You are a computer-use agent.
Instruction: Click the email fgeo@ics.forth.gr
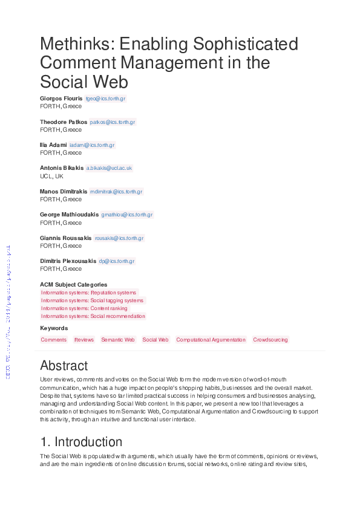pos(105,99)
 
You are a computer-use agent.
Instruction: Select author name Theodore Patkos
pos(64,122)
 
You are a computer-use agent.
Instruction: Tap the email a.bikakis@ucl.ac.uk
pos(109,168)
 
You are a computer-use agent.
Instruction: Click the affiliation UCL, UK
pos(51,176)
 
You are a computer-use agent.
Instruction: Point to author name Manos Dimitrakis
pos(64,192)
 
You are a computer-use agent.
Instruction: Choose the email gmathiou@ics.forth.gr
pos(127,215)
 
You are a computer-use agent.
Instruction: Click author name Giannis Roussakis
pos(66,238)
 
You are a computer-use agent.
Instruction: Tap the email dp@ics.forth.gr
pos(117,261)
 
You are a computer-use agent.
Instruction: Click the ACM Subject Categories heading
pos(73,284)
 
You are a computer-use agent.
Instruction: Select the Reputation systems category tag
pos(89,293)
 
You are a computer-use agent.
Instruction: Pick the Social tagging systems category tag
pos(93,300)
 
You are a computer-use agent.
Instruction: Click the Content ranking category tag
pos(85,308)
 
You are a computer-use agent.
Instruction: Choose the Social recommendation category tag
pos(93,316)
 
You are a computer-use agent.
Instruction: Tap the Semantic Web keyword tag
pos(118,340)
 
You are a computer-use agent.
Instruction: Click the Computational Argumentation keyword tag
pos(211,340)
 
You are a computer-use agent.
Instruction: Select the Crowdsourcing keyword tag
pos(270,340)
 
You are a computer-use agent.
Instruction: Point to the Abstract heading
pos(64,366)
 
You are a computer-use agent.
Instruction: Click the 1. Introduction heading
pos(81,442)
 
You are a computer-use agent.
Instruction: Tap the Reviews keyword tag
pos(84,340)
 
